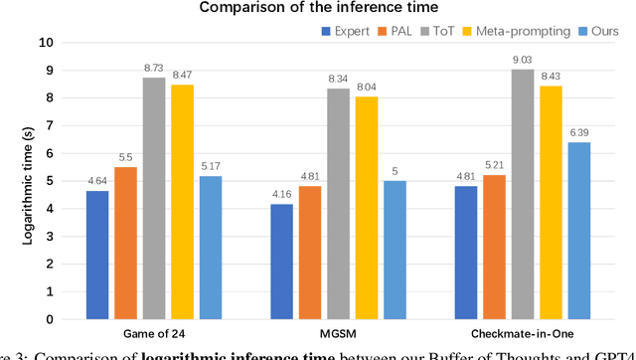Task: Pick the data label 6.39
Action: (578, 132)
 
